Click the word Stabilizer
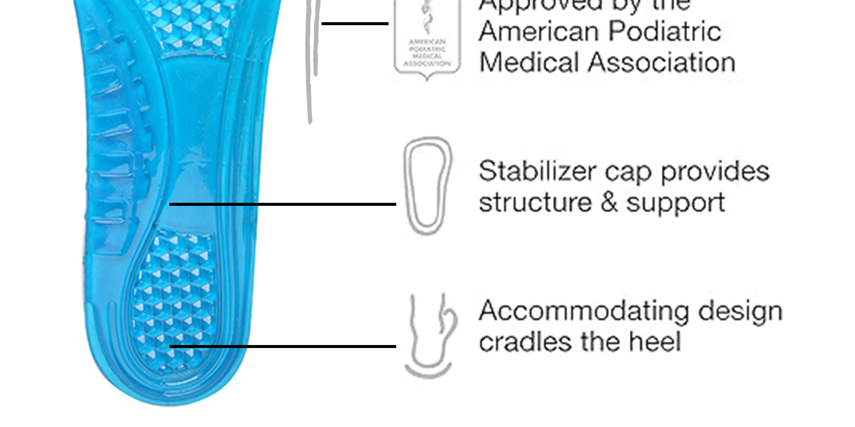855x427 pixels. coord(537,172)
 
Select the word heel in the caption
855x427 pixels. coord(655,342)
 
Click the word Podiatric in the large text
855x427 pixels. coord(665,32)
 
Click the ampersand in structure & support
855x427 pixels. coord(609,202)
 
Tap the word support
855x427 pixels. coord(676,203)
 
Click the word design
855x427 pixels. coord(740,312)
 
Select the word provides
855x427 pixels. coord(715,172)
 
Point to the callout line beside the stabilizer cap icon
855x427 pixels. coord(282,205)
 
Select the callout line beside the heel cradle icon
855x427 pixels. coord(282,346)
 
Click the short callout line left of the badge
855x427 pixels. coord(355,23)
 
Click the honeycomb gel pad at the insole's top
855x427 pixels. coord(190,26)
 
